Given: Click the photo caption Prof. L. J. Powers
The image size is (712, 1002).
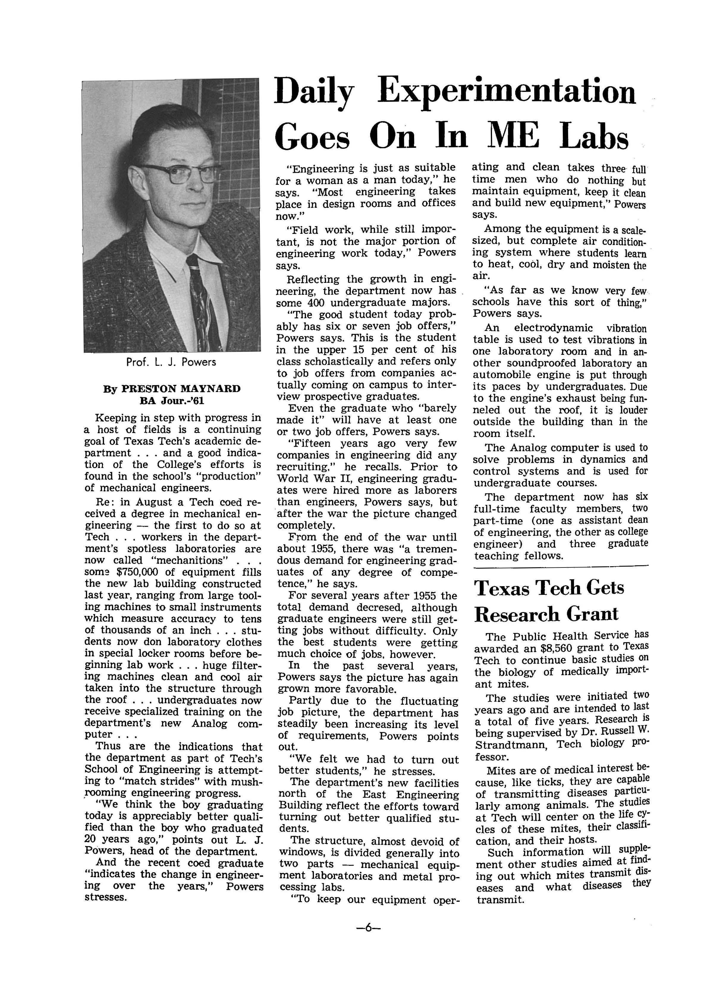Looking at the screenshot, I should point(171,362).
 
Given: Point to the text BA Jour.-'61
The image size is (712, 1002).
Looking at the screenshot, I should point(172,400).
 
